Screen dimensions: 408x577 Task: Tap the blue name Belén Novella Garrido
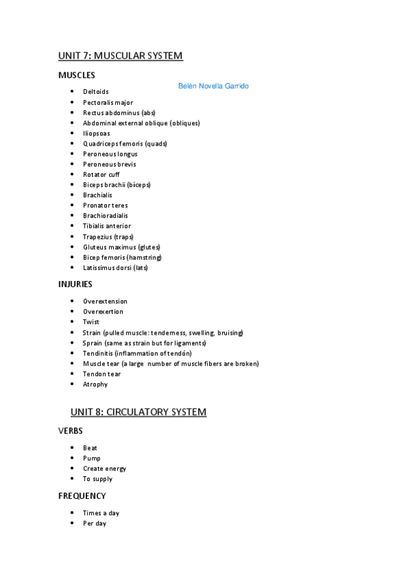[x=213, y=86]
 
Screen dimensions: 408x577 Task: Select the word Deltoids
[x=96, y=92]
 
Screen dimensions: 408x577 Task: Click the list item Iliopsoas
[x=97, y=133]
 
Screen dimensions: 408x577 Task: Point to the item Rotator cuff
[x=101, y=175]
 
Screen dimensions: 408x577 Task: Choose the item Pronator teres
[x=105, y=205]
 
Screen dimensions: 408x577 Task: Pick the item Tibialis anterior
[x=107, y=226]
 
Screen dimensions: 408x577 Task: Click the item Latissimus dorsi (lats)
[x=115, y=267]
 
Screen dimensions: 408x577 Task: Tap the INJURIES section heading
[x=76, y=284]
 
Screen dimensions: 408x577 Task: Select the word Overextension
[x=105, y=301]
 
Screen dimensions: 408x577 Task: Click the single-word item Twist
[x=91, y=322]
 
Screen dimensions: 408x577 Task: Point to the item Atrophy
[x=95, y=384]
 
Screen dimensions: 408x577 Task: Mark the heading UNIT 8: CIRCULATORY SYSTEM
[x=138, y=412]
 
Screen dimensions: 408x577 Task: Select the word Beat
[x=90, y=448]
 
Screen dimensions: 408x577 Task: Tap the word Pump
[x=91, y=458]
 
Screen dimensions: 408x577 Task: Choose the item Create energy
[x=104, y=469]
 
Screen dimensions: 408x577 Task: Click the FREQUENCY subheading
[x=82, y=495]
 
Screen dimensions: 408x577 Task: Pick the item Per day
[x=95, y=523]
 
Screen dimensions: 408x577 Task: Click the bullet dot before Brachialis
[x=72, y=195]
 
